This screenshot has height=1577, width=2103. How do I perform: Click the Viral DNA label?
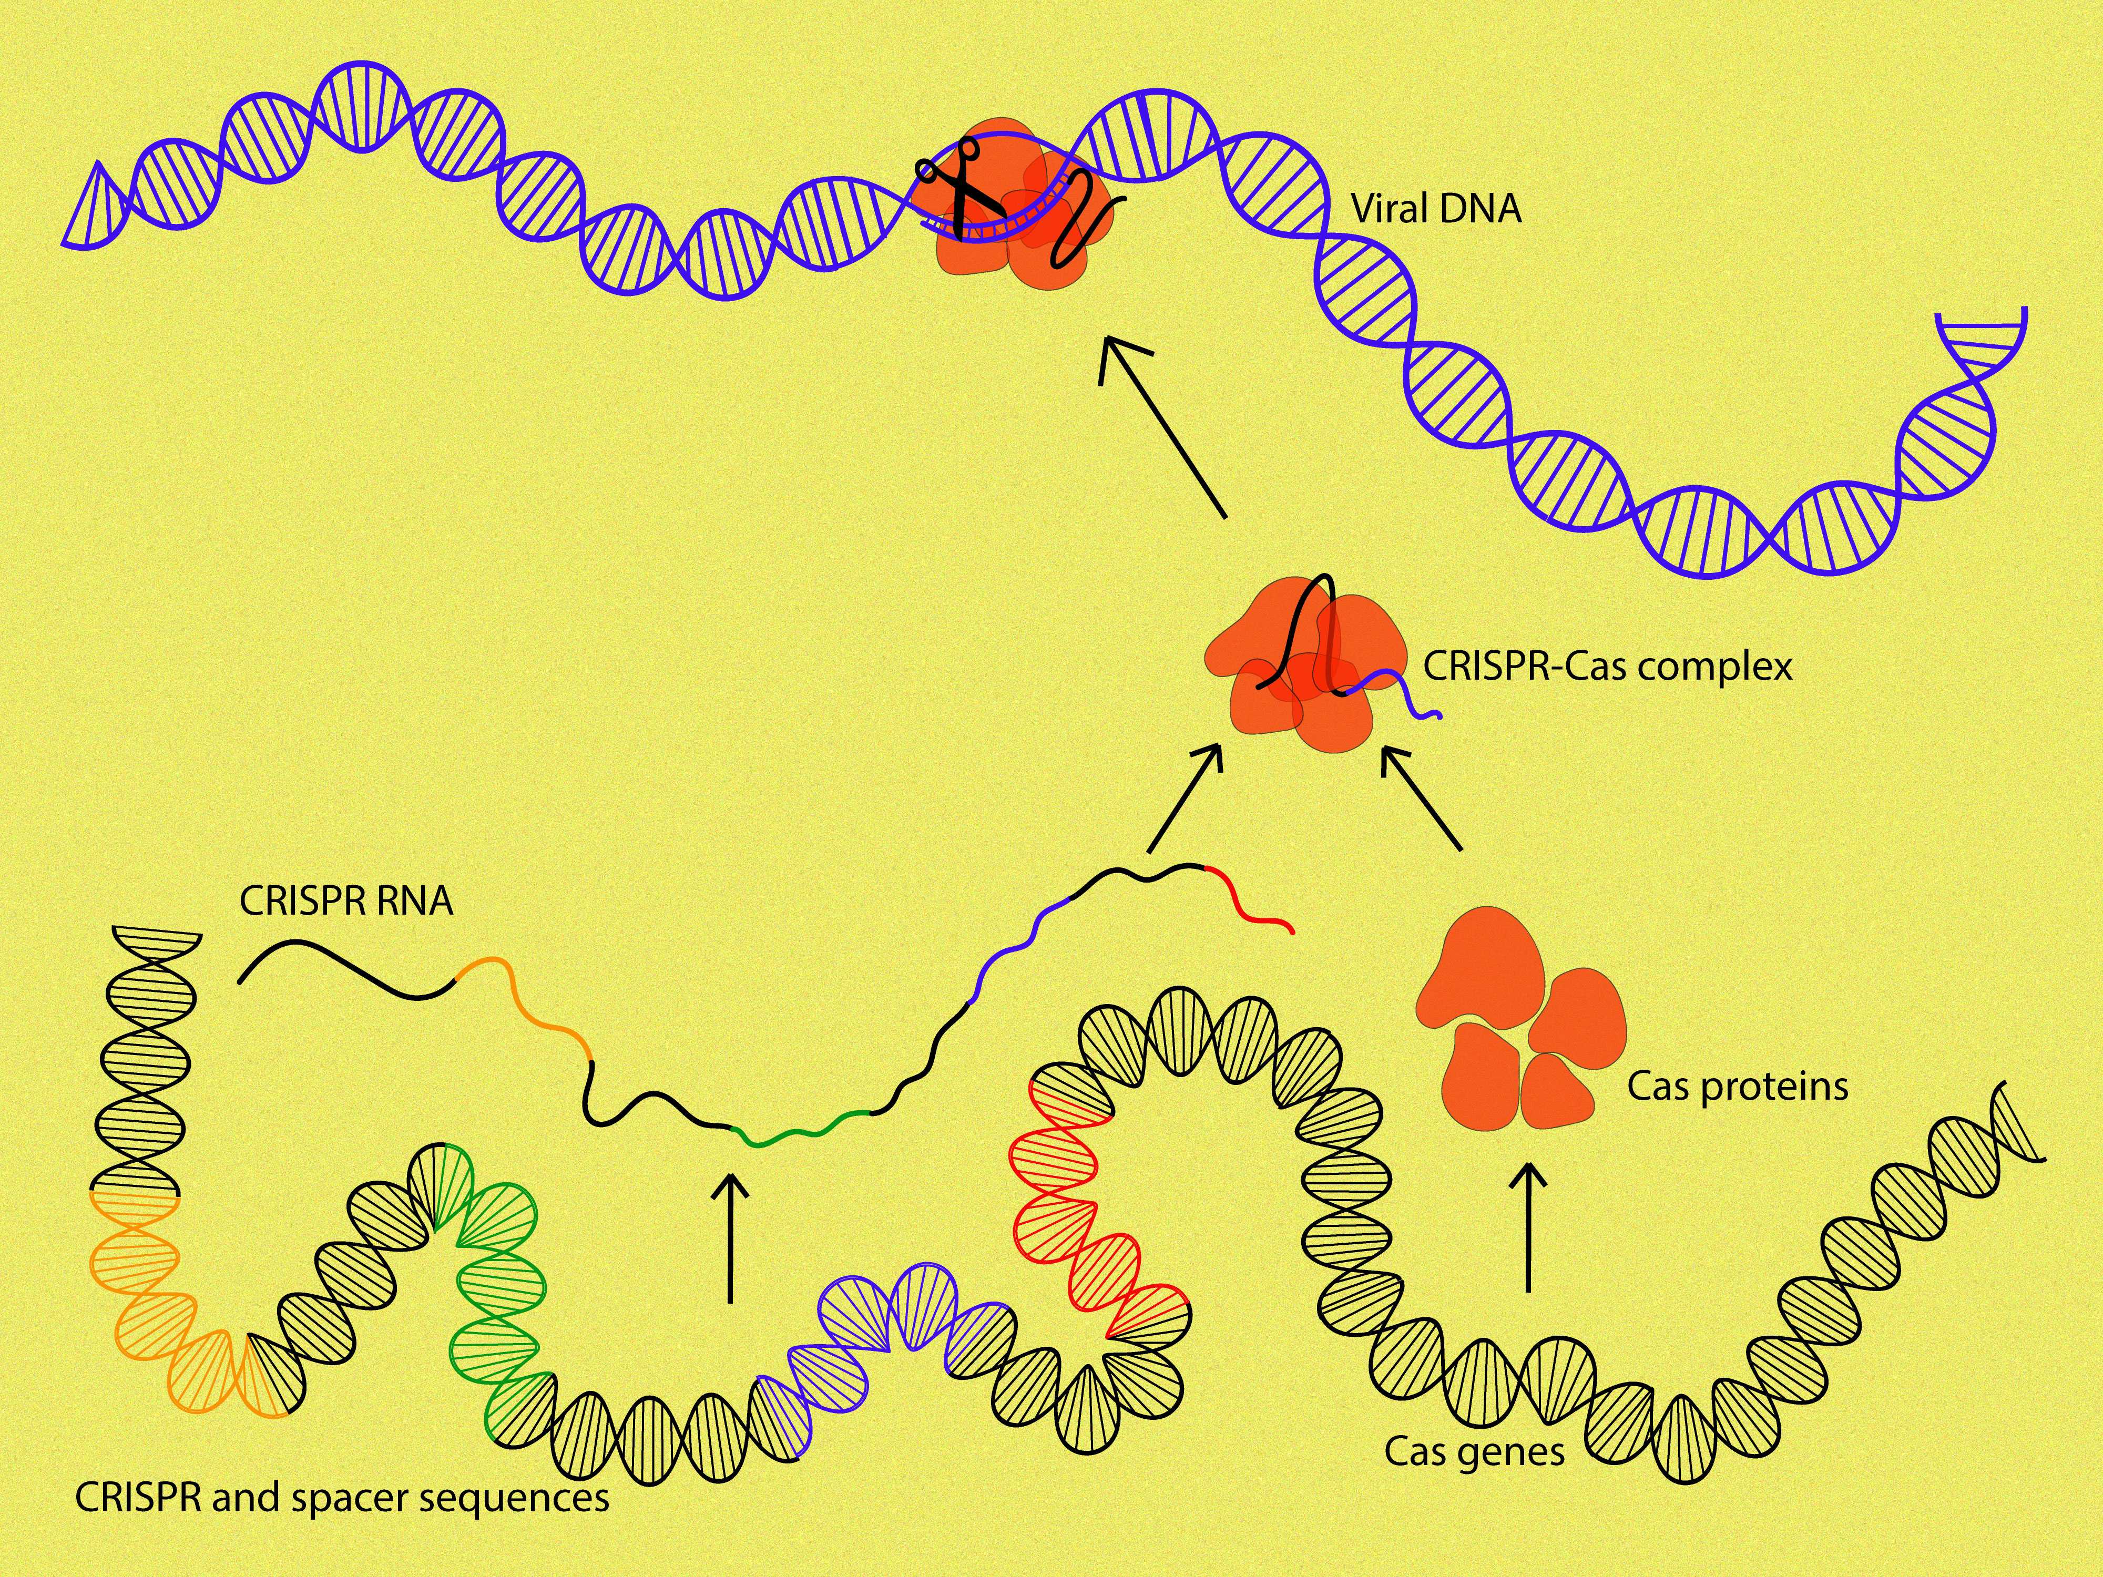click(1436, 208)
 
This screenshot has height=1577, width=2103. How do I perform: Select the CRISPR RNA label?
click(346, 900)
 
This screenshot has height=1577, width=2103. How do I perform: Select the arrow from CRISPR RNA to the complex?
click(1183, 798)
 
